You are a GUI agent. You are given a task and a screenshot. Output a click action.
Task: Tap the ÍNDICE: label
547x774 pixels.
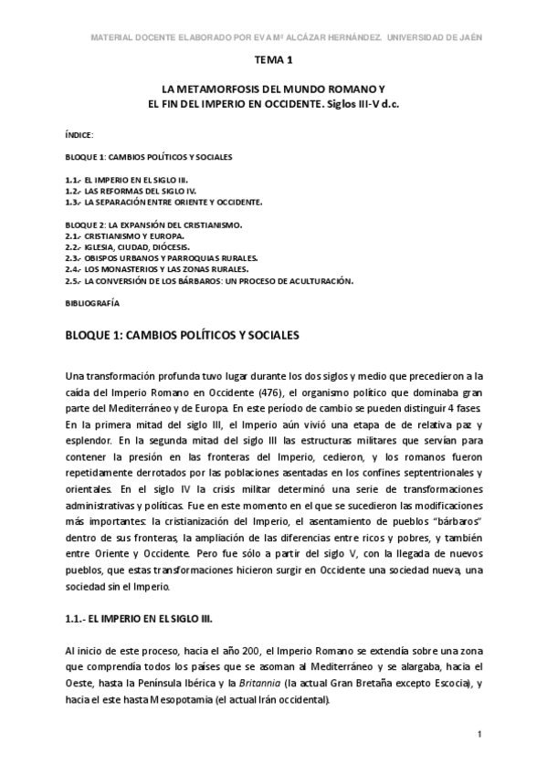click(x=79, y=135)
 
